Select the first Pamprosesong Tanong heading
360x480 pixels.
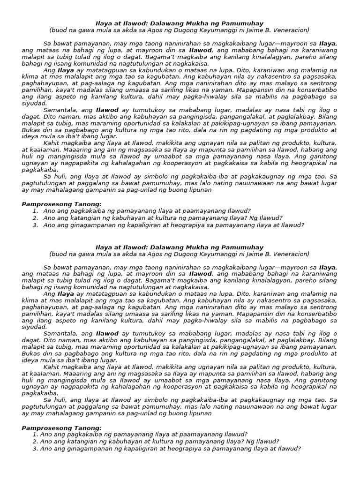pyautogui.click(x=62, y=204)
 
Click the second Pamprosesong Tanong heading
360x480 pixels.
pyautogui.click(x=62, y=427)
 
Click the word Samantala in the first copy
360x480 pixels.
pyautogui.click(x=59, y=110)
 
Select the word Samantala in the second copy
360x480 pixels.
pyautogui.click(x=59, y=333)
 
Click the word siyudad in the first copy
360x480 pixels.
pyautogui.click(x=34, y=103)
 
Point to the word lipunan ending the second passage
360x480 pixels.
pyautogui.click(x=199, y=414)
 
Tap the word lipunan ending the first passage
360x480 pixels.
pyautogui.click(x=199, y=190)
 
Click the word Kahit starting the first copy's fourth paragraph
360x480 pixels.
pyautogui.click(x=52, y=143)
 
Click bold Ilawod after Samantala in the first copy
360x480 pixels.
pyautogui.click(x=107, y=110)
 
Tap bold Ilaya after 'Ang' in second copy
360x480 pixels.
pyautogui.click(x=66, y=293)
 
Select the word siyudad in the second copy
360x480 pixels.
pyautogui.click(x=34, y=327)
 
